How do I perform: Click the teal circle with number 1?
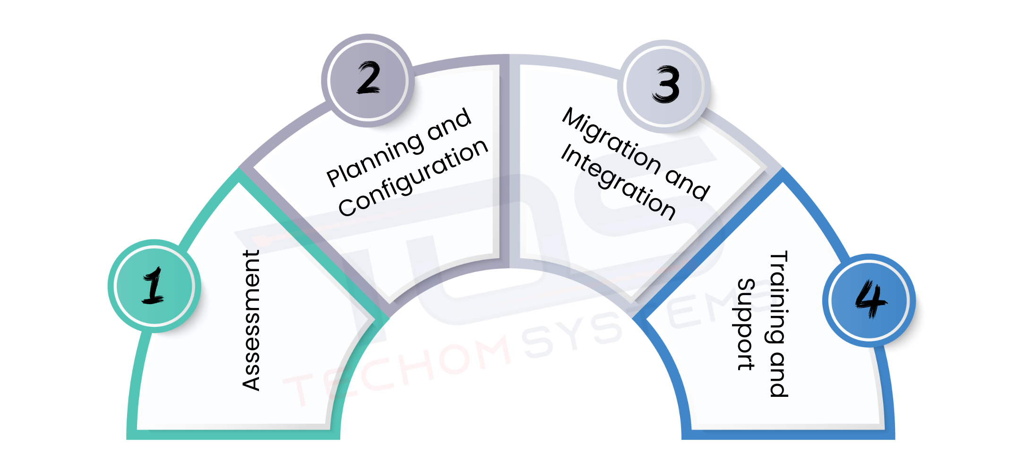point(155,286)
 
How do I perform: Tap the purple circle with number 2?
point(368,80)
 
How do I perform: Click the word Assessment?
point(251,320)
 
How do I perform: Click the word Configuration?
point(413,178)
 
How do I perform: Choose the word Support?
point(746,324)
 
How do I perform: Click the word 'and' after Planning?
point(449,124)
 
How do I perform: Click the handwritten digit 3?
point(666,85)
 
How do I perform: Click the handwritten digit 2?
point(369,78)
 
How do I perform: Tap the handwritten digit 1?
point(154,285)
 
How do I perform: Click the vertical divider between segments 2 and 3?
point(509,161)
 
